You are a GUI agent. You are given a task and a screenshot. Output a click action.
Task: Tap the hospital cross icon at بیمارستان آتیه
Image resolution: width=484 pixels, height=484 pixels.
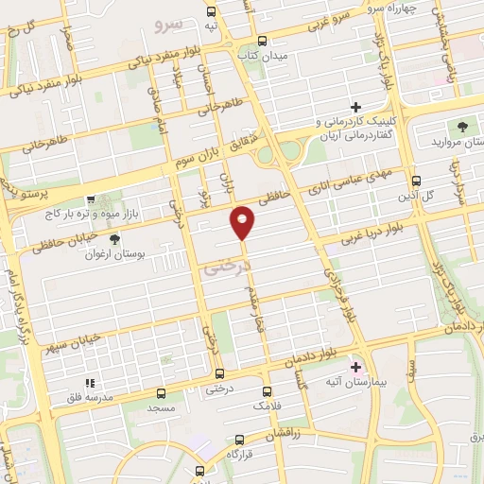356,366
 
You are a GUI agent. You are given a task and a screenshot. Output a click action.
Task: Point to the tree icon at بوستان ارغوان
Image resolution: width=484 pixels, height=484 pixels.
115,239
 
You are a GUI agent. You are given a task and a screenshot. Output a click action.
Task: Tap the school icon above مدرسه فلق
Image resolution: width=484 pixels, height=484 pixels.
92,383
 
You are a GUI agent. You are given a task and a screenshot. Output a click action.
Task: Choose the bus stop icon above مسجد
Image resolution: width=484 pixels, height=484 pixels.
161,393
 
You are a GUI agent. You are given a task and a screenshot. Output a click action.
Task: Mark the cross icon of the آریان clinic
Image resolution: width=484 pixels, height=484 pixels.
355,107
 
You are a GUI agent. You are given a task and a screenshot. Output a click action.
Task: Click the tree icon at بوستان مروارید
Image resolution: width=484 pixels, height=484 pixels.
462,126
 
